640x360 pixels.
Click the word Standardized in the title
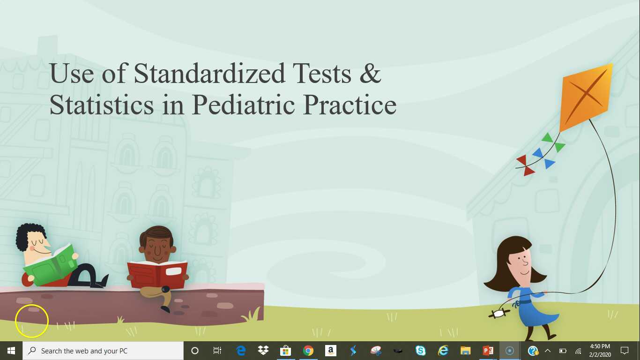pyautogui.click(x=209, y=74)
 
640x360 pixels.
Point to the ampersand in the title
pyautogui.click(x=371, y=74)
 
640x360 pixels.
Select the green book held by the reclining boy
pyautogui.click(x=51, y=267)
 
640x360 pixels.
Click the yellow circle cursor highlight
pyautogui.click(x=32, y=321)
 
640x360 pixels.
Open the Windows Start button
pyautogui.click(x=11, y=351)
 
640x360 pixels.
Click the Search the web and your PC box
pyautogui.click(x=103, y=351)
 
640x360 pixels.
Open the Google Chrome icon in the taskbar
pyautogui.click(x=308, y=351)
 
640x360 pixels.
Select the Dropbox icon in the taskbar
pyautogui.click(x=263, y=351)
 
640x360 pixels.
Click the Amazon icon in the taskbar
pyautogui.click(x=330, y=351)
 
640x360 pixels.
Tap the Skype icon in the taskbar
pyautogui.click(x=421, y=351)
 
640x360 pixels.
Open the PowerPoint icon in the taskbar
pyautogui.click(x=488, y=351)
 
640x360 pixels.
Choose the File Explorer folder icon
pyautogui.click(x=465, y=351)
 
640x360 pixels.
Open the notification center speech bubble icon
pyautogui.click(x=624, y=351)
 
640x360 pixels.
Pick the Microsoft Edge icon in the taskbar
pyautogui.click(x=241, y=351)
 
